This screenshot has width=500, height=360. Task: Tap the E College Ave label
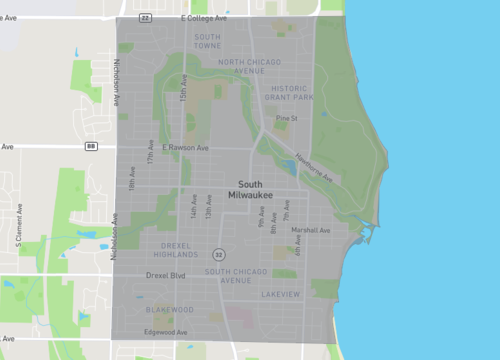click(x=206, y=17)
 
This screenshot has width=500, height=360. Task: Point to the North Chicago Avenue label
click(x=242, y=66)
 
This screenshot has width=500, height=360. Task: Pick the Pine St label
click(x=287, y=118)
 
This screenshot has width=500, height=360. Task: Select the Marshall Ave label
click(x=311, y=230)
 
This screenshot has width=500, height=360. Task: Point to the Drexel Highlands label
click(x=183, y=248)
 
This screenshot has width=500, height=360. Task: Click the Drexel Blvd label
click(x=166, y=275)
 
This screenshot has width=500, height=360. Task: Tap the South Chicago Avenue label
click(x=240, y=276)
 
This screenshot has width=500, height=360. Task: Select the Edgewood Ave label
click(x=166, y=332)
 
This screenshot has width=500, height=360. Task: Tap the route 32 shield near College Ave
click(x=146, y=17)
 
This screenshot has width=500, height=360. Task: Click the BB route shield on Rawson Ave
click(x=91, y=146)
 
